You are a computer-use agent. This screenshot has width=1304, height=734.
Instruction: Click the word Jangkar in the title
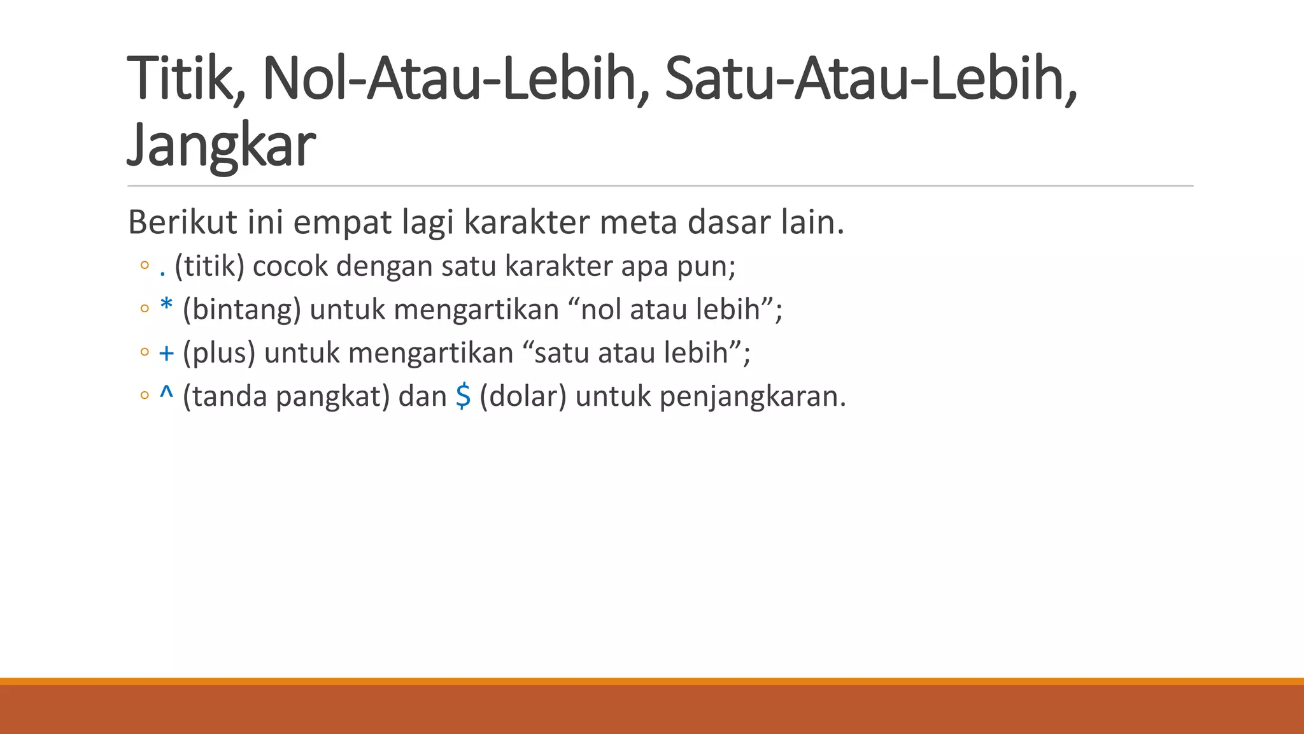221,146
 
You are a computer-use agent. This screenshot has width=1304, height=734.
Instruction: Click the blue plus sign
166,353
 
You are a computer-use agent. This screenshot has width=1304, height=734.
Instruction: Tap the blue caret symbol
166,393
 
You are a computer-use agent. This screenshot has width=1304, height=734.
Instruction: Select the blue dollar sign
464,396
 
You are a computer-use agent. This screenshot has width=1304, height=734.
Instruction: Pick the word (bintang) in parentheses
241,310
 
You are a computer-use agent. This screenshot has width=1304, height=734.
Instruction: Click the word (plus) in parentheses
219,353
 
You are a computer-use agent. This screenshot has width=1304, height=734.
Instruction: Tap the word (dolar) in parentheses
523,396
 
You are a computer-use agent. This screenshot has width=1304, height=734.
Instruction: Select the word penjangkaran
752,396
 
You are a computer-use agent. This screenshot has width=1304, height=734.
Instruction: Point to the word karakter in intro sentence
527,222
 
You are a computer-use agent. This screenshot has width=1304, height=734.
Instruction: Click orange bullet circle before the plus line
145,352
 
